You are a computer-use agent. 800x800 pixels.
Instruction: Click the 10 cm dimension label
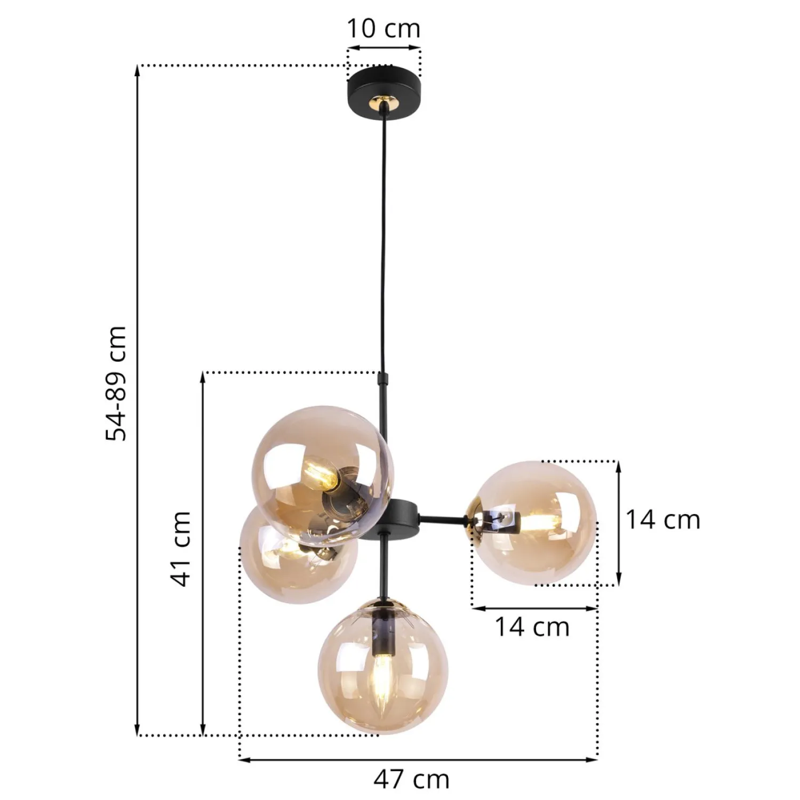tap(383, 28)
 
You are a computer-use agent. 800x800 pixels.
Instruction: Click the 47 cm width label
tap(411, 780)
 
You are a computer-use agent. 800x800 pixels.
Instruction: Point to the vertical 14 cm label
tap(662, 519)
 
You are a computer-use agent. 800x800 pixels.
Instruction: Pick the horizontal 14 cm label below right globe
tap(532, 627)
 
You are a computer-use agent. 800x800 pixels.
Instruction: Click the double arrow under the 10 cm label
tap(384, 48)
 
